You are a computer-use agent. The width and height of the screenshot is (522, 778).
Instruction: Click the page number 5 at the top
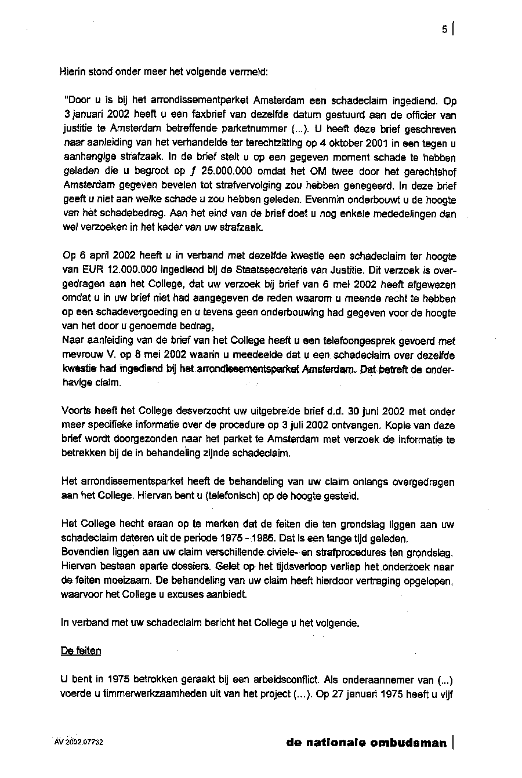click(444, 29)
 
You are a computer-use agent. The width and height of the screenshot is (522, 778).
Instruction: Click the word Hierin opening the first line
click(72, 72)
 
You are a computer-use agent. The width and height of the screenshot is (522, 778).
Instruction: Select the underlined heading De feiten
click(81, 651)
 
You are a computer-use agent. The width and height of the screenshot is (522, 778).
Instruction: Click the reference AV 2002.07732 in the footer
click(79, 742)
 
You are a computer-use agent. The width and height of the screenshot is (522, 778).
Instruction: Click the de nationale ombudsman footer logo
click(367, 743)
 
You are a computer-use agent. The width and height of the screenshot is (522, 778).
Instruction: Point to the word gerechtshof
click(430, 172)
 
